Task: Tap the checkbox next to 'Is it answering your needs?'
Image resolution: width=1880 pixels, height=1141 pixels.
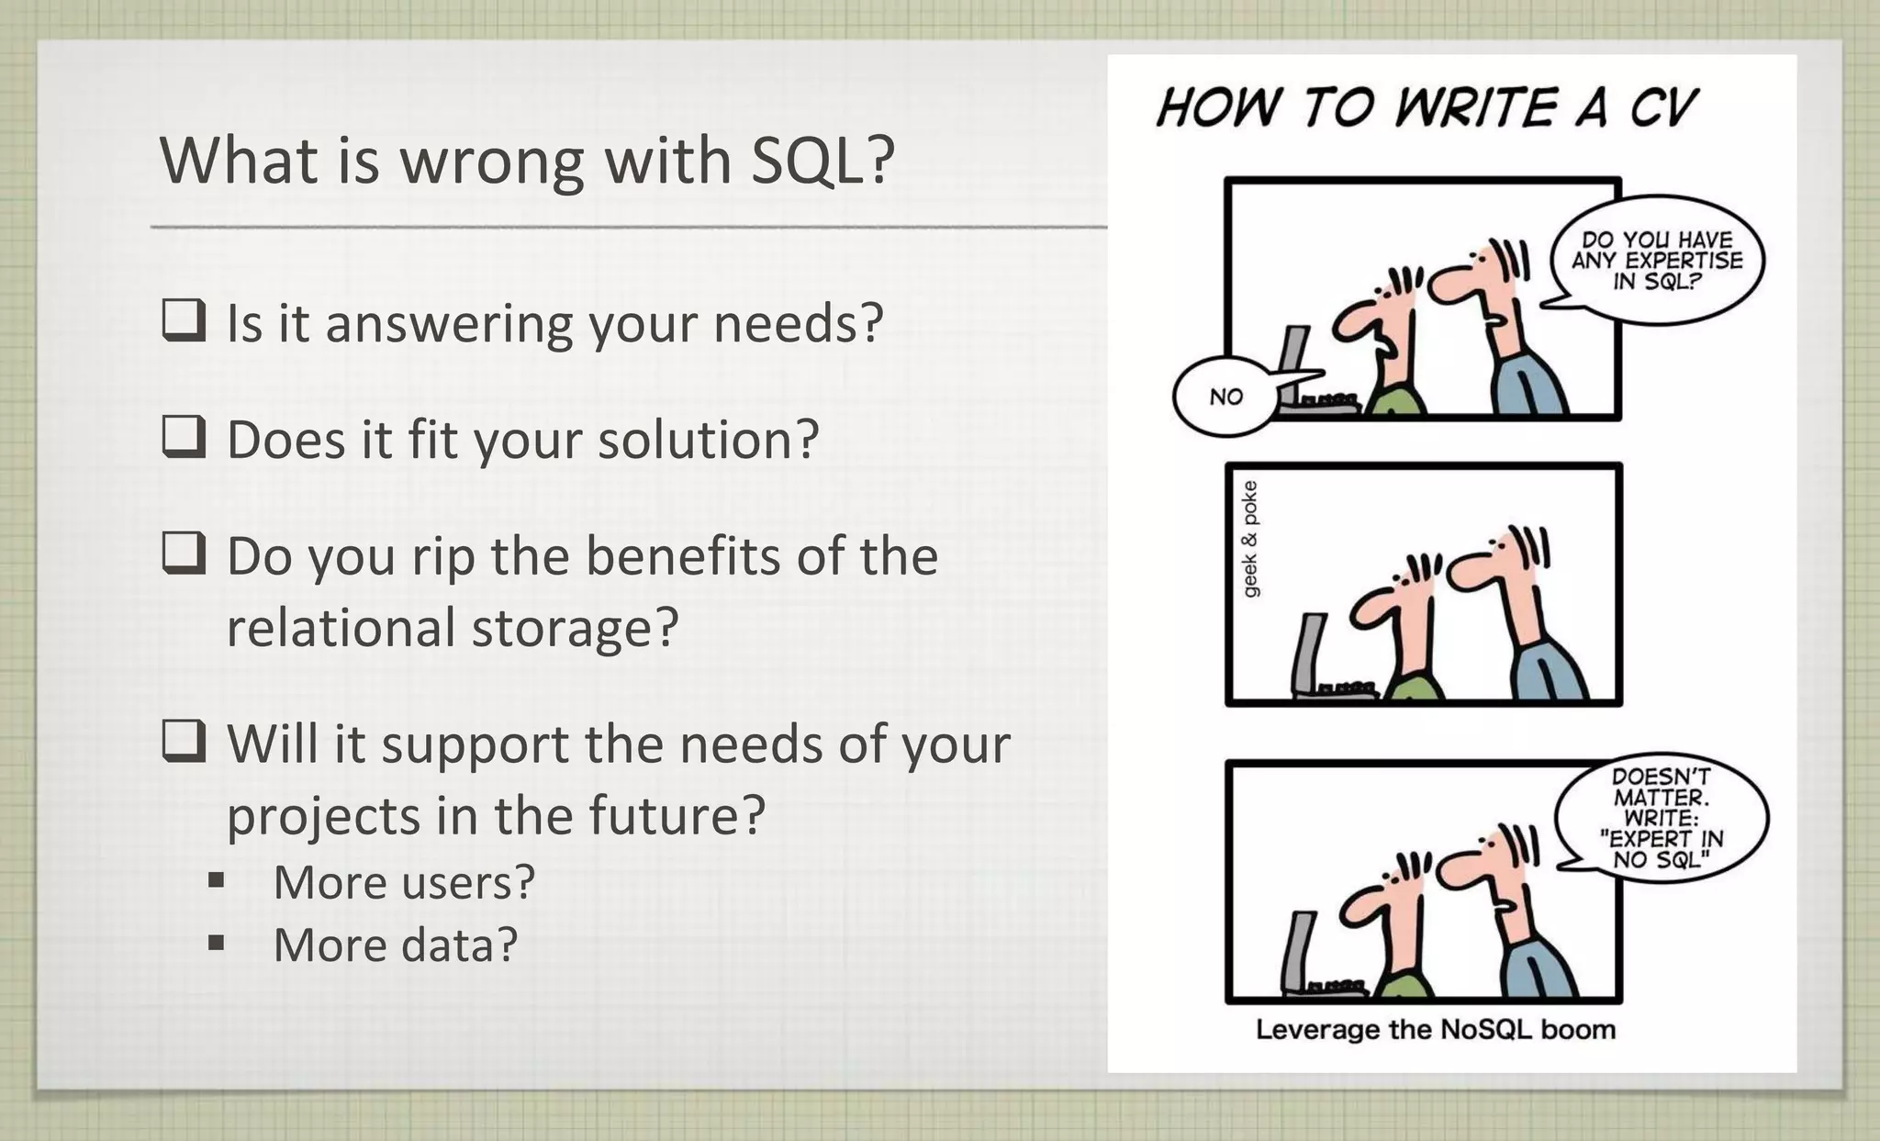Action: [184, 321]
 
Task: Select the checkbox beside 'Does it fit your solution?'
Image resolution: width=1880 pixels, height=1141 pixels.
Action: [184, 437]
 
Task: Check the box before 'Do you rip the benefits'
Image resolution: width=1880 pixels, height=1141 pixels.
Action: [184, 554]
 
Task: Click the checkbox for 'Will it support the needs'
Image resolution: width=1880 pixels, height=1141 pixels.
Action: [184, 742]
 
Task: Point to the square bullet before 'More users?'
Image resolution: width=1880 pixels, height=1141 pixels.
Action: [217, 882]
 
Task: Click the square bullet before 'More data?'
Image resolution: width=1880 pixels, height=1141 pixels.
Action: [217, 944]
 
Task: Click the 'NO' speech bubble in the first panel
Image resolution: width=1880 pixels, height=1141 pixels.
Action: [1225, 397]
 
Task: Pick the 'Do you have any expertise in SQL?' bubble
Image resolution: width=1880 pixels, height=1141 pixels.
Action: [1657, 261]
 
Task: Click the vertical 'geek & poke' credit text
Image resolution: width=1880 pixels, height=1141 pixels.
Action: [1250, 539]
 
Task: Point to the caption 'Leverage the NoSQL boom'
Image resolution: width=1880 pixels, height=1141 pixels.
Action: [1435, 1030]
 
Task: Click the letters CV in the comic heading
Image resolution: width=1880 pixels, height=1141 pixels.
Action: [1663, 108]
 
